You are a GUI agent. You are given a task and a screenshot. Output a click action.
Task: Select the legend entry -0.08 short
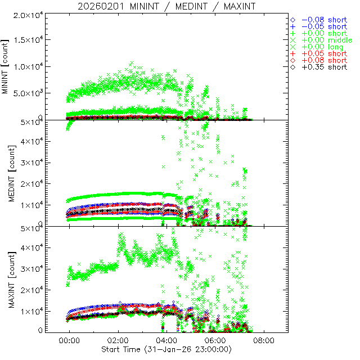click(323, 20)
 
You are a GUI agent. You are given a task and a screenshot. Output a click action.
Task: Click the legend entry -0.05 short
click(323, 26)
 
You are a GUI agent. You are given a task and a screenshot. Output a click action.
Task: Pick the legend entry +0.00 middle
click(326, 40)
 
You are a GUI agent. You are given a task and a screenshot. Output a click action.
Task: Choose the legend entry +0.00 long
click(322, 47)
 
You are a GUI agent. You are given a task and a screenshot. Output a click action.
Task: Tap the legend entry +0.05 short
click(323, 53)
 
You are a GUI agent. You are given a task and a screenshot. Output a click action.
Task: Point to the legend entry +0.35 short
click(323, 67)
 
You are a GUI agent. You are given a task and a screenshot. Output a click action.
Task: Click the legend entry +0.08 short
click(323, 60)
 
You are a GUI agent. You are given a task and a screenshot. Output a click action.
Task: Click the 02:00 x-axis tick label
click(118, 341)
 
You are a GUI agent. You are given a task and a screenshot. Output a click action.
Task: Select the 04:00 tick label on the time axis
click(167, 341)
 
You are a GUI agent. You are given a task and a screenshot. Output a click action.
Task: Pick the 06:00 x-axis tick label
click(215, 341)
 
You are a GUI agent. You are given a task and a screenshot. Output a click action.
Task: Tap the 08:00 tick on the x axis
click(264, 341)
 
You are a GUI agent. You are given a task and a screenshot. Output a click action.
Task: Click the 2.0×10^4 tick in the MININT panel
click(26, 15)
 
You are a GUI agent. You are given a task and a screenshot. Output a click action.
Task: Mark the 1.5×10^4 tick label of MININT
click(26, 40)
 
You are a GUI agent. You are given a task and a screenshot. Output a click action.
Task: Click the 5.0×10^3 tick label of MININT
click(26, 93)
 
